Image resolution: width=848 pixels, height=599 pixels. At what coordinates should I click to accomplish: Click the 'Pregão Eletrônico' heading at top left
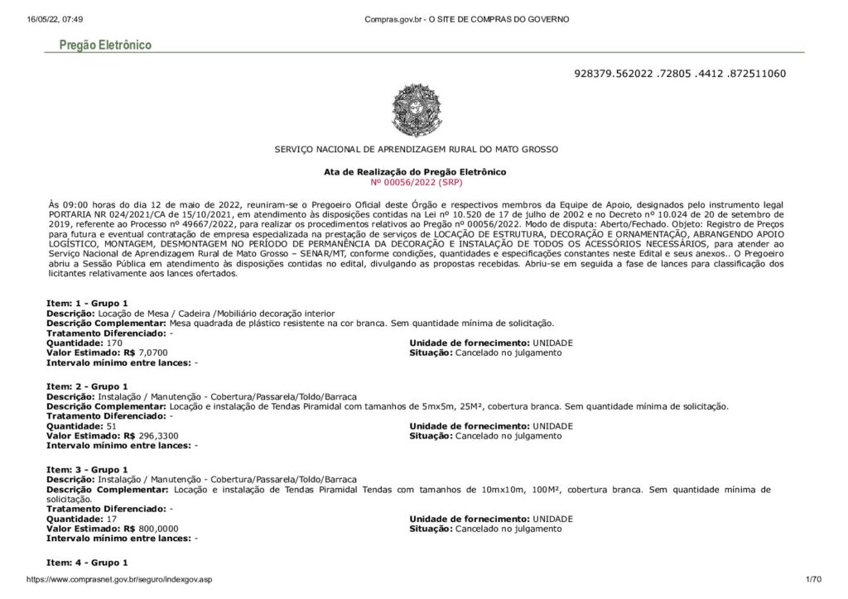[104, 45]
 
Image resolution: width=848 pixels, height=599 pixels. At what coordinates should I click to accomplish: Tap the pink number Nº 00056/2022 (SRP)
[415, 181]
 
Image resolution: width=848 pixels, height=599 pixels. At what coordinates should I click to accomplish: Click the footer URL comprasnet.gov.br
[119, 580]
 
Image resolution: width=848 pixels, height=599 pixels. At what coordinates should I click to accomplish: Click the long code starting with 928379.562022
[679, 74]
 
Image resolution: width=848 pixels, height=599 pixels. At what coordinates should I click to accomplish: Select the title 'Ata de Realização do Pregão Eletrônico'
[415, 171]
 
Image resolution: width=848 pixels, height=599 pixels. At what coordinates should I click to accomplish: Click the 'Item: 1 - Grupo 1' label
[87, 304]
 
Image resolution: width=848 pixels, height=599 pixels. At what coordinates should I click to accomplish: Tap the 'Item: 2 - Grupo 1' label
[87, 386]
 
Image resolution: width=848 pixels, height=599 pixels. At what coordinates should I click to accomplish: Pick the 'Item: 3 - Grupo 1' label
[87, 469]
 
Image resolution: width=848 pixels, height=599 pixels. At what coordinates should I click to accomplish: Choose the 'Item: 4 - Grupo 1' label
[87, 563]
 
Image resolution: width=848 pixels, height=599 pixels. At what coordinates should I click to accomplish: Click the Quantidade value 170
[115, 343]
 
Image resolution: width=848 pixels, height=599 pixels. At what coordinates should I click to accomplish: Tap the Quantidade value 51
[113, 425]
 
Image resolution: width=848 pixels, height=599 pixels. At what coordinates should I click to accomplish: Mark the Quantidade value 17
[113, 518]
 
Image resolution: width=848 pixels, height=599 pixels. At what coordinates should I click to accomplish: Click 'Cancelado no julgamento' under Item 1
[508, 352]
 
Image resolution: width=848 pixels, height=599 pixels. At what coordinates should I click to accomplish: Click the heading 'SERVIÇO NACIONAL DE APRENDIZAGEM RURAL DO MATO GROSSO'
[416, 149]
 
